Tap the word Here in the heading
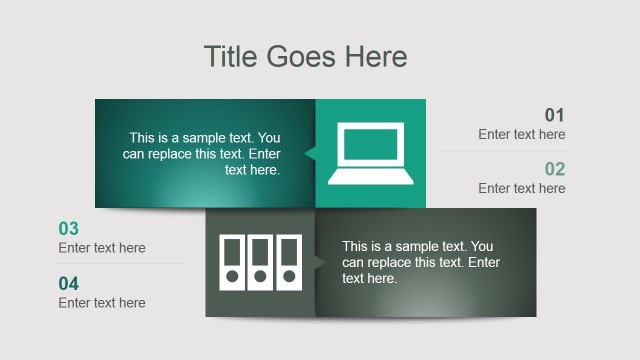376,56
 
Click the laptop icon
371,154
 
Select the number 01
555,115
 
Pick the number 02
555,169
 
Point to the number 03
69,229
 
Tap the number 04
69,284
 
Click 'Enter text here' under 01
521,134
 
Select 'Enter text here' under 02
521,188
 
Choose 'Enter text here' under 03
102,248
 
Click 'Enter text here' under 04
102,303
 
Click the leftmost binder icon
232,262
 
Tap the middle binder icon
261,262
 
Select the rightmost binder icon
289,262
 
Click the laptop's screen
371,146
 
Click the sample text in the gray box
420,262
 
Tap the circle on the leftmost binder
232,277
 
